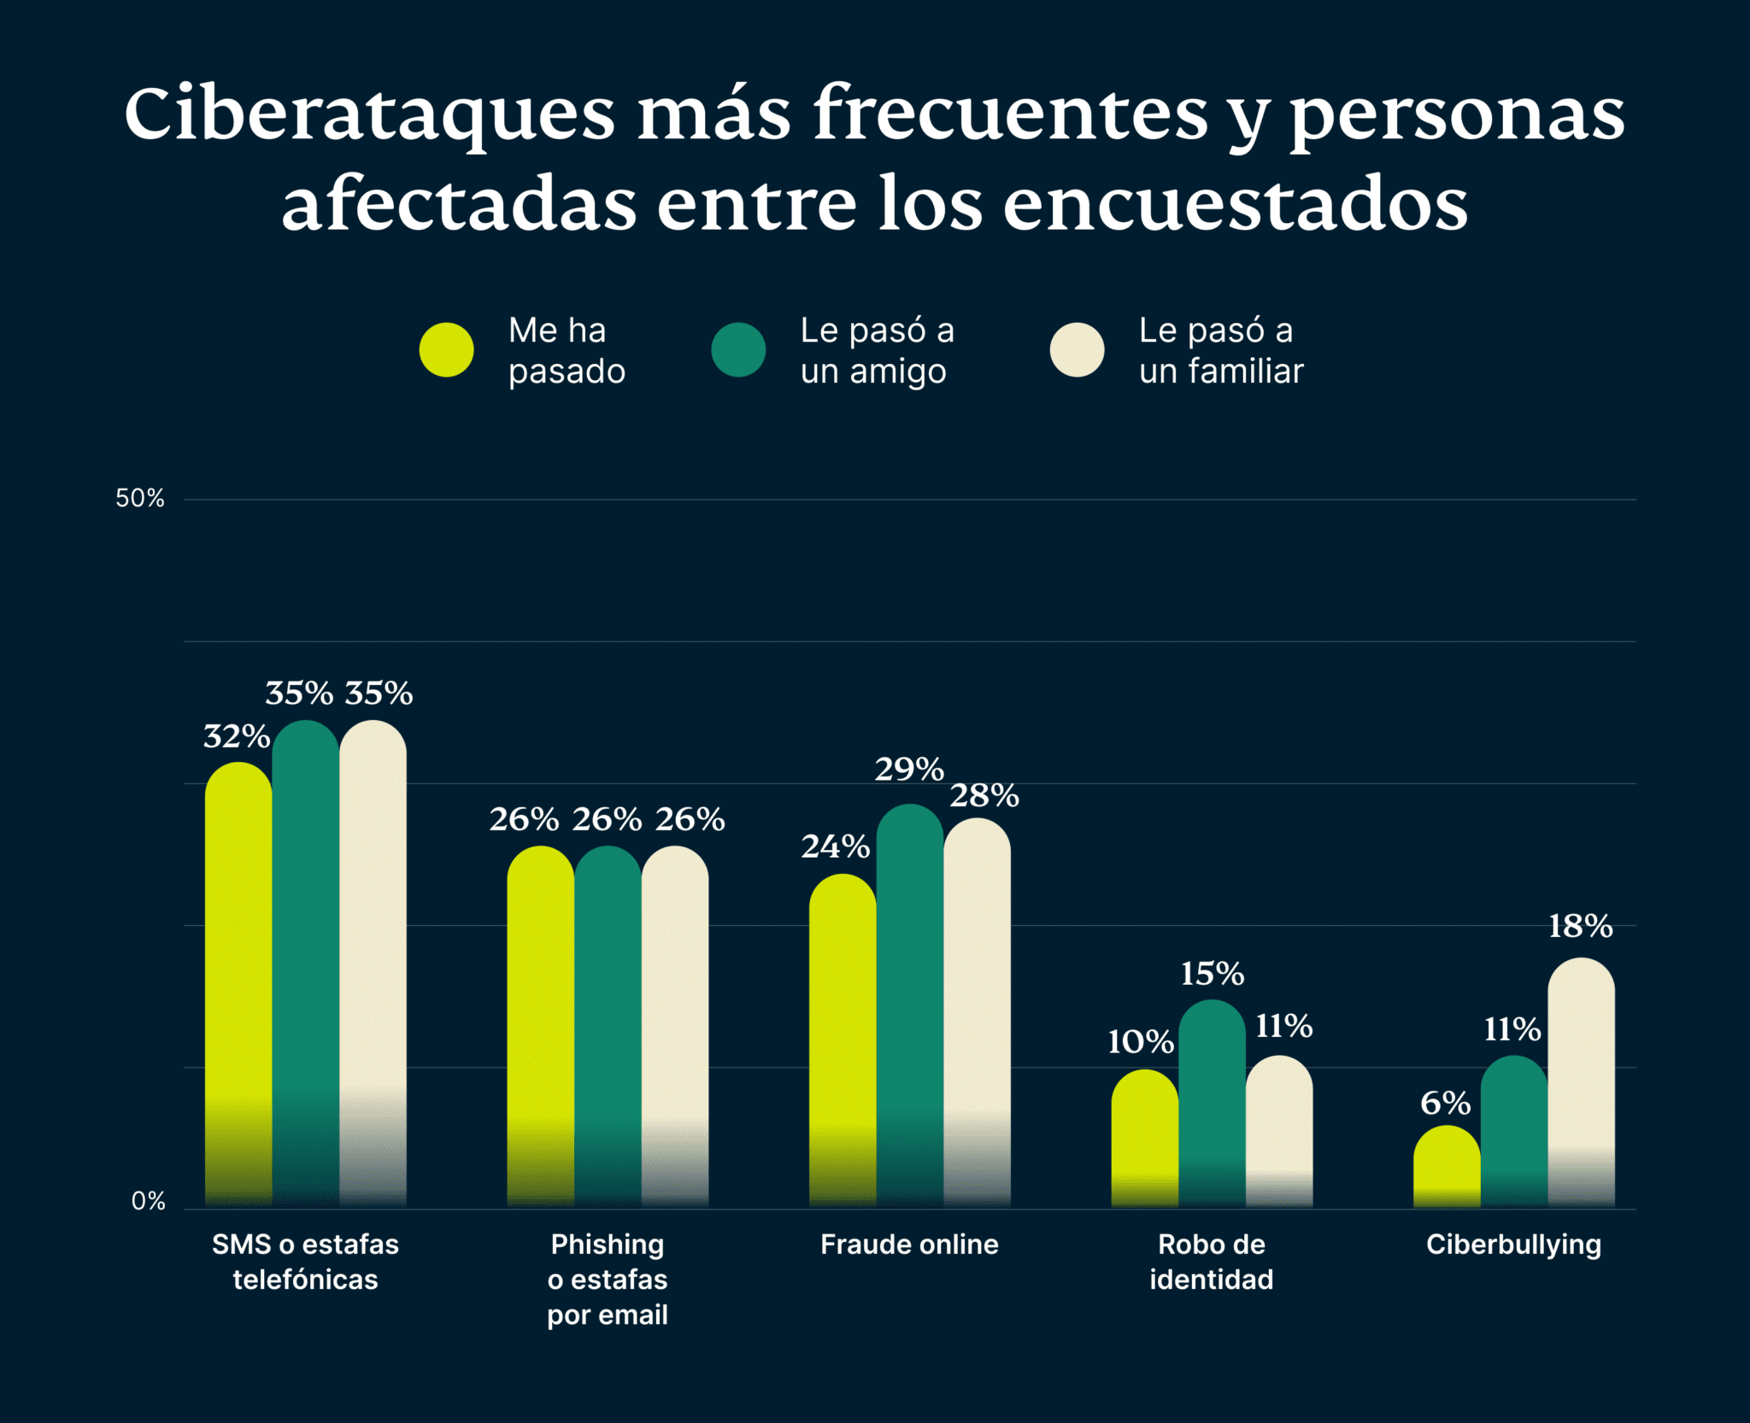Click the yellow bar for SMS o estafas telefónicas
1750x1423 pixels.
[x=238, y=982]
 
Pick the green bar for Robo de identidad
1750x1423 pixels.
[x=1212, y=1102]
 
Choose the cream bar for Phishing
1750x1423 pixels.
[x=674, y=1025]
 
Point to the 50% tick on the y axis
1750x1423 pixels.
[x=140, y=499]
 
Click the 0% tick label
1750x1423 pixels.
[x=148, y=1202]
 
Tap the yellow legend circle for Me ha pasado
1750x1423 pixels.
[x=446, y=350]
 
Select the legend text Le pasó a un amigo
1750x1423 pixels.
[x=877, y=350]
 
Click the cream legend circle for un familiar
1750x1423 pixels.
[x=1077, y=350]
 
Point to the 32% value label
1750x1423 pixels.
[x=236, y=736]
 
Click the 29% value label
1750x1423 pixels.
[x=908, y=770]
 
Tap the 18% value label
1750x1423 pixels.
[x=1580, y=926]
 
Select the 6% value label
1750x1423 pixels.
[x=1445, y=1104]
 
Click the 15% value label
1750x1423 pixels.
[x=1212, y=974]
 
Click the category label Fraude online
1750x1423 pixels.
[x=909, y=1244]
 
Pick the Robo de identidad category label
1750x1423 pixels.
[x=1212, y=1262]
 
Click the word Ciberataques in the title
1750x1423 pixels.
[x=369, y=115]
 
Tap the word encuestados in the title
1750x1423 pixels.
[x=1235, y=205]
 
